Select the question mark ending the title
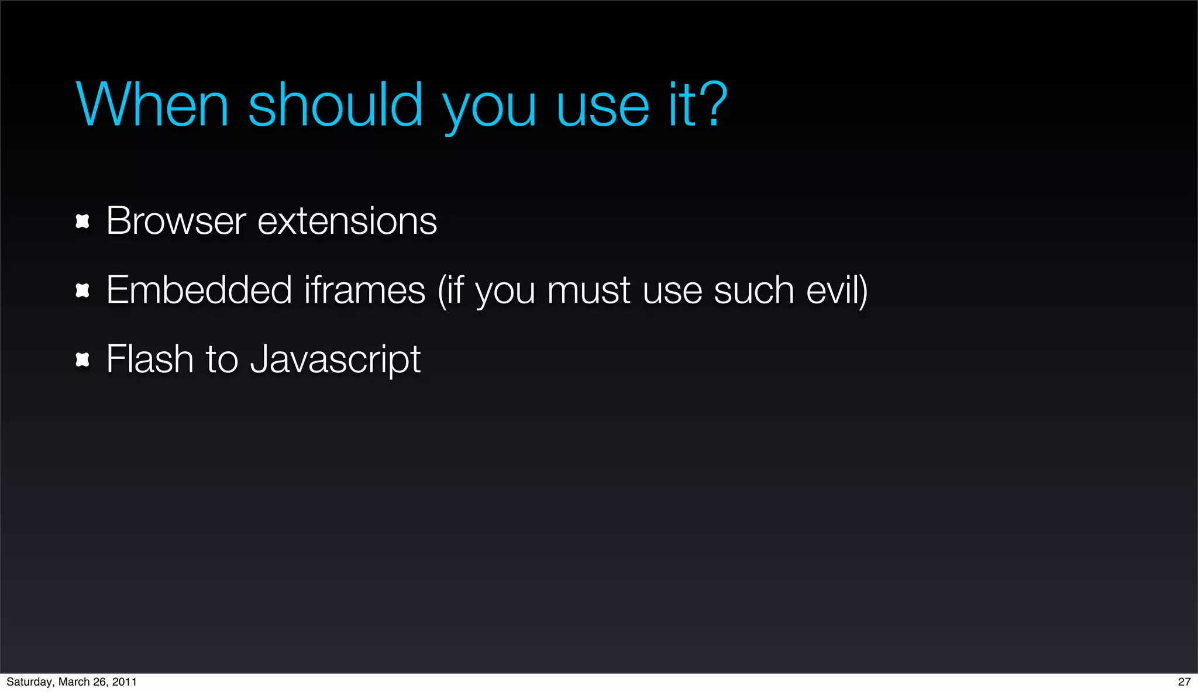pyautogui.click(x=715, y=105)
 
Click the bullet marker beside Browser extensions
pyautogui.click(x=82, y=222)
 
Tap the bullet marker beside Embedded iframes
pyautogui.click(x=82, y=290)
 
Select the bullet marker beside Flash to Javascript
pyautogui.click(x=82, y=359)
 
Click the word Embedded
pyautogui.click(x=199, y=290)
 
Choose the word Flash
pyautogui.click(x=150, y=359)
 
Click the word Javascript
pyautogui.click(x=335, y=360)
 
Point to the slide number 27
pyautogui.click(x=1184, y=681)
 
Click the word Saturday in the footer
pyautogui.click(x=29, y=682)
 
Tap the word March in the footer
pyautogui.click(x=74, y=682)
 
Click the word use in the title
pyautogui.click(x=603, y=107)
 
